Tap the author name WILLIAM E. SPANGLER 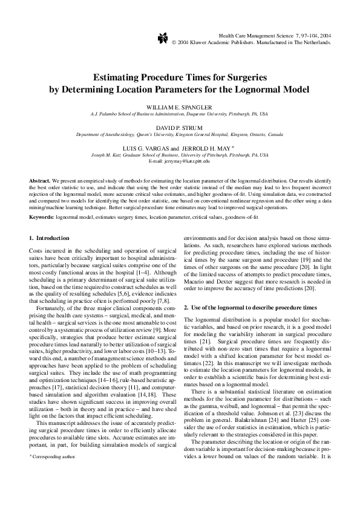tap(179, 106)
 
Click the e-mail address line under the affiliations tap(179, 161)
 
